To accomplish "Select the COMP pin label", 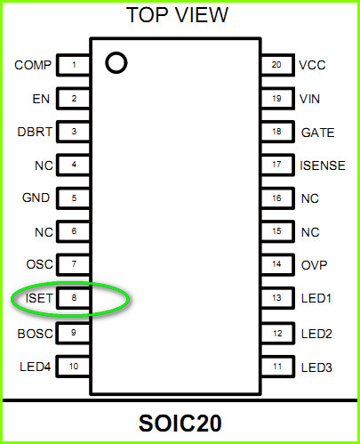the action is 33,65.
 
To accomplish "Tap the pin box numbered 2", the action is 73,98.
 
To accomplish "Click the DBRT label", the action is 35,132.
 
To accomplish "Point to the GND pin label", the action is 36,198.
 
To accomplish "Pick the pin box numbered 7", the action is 73,264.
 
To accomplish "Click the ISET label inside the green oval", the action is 39,298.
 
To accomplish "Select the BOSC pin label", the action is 36,334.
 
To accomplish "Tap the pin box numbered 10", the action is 73,367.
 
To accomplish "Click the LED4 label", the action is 36,367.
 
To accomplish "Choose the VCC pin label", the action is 312,65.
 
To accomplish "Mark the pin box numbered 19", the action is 277,98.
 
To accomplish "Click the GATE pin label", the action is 318,133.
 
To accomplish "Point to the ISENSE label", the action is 323,165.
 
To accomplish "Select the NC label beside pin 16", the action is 310,198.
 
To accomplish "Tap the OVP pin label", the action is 315,265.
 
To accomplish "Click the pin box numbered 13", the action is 277,298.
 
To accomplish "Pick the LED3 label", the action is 316,367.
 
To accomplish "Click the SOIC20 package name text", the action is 180,424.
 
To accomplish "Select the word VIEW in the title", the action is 203,15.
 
